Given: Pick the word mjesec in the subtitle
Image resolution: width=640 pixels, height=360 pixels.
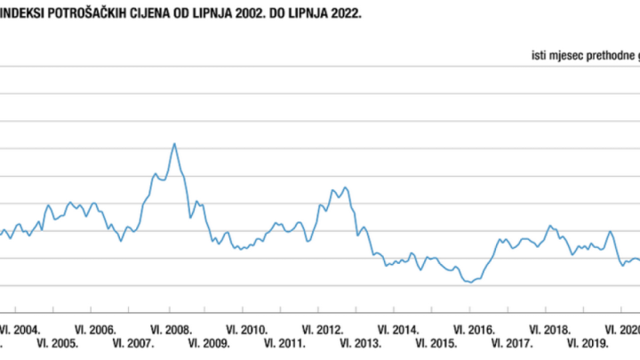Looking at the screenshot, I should click(563, 56).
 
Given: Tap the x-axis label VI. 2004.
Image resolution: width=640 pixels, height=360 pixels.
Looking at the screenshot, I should click(20, 328).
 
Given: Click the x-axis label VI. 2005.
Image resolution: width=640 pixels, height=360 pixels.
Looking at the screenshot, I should click(58, 343).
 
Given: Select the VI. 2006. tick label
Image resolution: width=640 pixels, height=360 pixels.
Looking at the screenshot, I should click(96, 328).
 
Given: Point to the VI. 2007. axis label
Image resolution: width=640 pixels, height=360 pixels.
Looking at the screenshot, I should click(134, 343).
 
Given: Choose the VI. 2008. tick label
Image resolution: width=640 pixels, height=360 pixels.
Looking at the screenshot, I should click(172, 328).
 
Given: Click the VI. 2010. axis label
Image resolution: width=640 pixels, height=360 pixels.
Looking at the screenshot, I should click(248, 328).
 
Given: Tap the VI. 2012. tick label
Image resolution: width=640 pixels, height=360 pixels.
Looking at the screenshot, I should click(324, 328).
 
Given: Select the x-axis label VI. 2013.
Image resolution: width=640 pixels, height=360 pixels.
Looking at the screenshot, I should click(362, 343).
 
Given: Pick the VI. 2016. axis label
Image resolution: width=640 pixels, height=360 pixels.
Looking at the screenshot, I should click(476, 328).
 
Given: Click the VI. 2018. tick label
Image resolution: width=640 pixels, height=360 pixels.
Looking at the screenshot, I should click(551, 328).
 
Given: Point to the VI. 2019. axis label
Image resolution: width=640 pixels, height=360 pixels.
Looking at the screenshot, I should click(588, 343).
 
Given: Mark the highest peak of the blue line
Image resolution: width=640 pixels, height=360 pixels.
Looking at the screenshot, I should click(174, 143).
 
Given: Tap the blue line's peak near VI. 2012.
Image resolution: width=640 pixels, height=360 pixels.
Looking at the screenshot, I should click(345, 187).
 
